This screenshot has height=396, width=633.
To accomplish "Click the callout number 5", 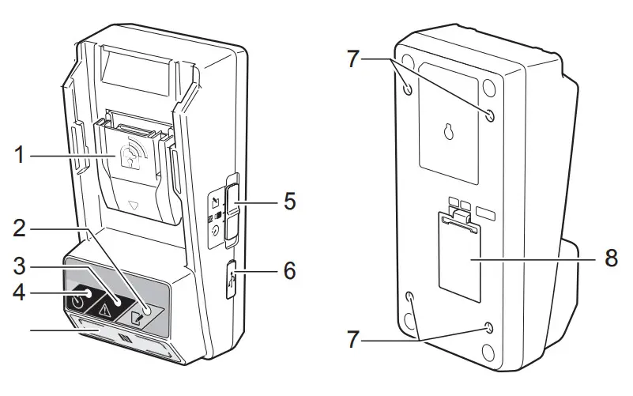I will pos(289,201).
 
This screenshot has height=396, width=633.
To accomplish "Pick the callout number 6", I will pos(289,271).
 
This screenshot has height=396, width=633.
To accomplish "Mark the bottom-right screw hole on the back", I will pos(490,328).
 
